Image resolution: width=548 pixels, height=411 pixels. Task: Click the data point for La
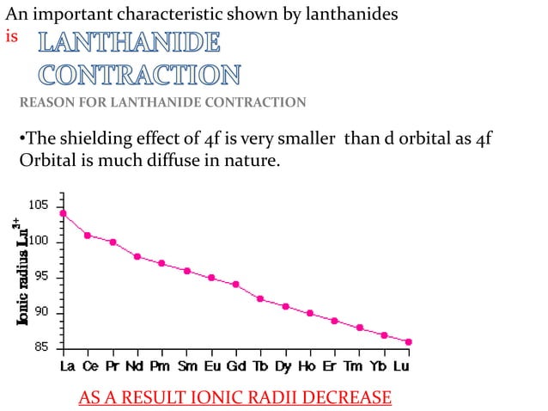point(63,213)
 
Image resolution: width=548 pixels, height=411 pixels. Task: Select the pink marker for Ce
point(88,235)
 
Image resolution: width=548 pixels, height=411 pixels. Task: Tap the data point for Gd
point(235,285)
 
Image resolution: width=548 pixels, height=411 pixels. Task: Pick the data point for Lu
point(409,341)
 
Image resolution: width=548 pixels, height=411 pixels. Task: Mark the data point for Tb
point(260,298)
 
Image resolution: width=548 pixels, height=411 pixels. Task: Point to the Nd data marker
point(137,256)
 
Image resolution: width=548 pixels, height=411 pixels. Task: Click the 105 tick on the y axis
point(38,205)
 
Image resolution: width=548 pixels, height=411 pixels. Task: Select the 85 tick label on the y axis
point(40,348)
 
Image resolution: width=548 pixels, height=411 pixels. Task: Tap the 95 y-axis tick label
point(40,277)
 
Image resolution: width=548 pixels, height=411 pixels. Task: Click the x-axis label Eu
point(210,365)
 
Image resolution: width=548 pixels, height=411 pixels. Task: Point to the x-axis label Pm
point(161,365)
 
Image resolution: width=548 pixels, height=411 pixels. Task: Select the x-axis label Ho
point(306,365)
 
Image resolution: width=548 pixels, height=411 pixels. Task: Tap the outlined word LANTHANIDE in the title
point(129,42)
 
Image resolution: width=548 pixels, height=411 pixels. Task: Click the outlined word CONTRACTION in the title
point(140,75)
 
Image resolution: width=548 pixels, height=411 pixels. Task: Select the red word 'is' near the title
point(12,38)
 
